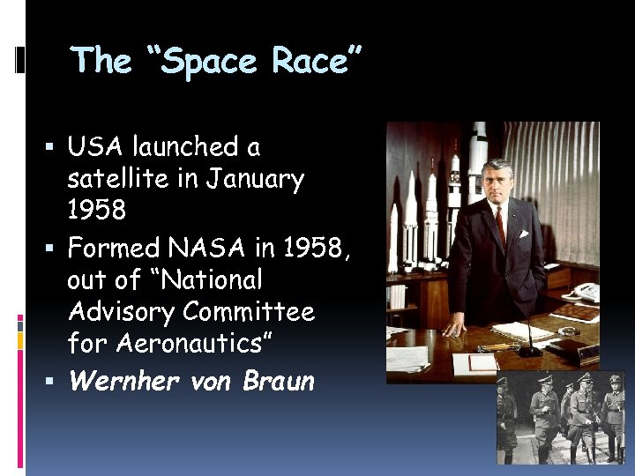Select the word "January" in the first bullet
pos(255,180)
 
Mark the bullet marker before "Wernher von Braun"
pos(55,382)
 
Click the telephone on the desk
pos(586,292)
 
